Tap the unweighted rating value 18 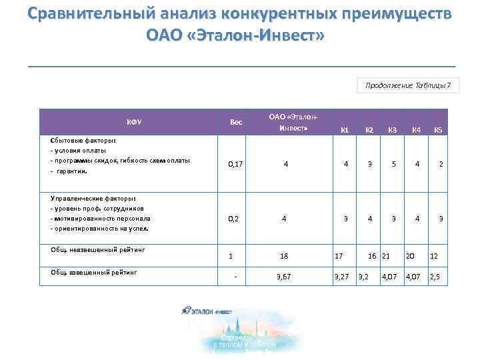285,255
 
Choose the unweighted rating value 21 386,255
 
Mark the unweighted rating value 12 434,255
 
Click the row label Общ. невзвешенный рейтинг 97,250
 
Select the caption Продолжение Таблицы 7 408,85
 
